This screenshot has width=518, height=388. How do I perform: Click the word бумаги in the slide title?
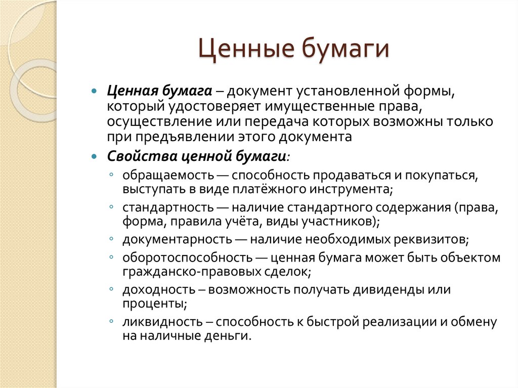346,52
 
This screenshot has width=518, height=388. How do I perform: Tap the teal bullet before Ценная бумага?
94,92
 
